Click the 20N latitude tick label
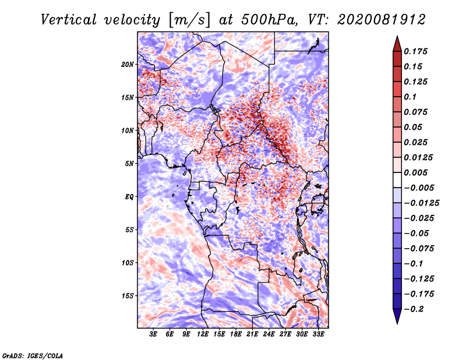(x=128, y=65)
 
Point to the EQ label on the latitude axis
(x=129, y=197)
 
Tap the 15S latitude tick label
(x=128, y=296)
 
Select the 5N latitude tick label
(x=129, y=164)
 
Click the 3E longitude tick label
(x=153, y=334)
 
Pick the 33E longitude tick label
(x=318, y=334)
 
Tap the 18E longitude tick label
(x=236, y=334)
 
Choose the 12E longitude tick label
(x=203, y=334)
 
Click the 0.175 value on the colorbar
(x=415, y=51)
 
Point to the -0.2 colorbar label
(x=414, y=309)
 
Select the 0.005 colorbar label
(x=415, y=172)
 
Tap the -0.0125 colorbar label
(x=421, y=203)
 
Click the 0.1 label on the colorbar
(x=410, y=97)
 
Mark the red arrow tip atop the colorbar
(x=397, y=36)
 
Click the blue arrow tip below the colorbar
(x=397, y=323)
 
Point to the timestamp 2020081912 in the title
(x=382, y=20)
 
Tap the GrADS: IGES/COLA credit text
(x=33, y=355)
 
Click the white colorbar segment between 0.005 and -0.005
(x=397, y=180)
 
